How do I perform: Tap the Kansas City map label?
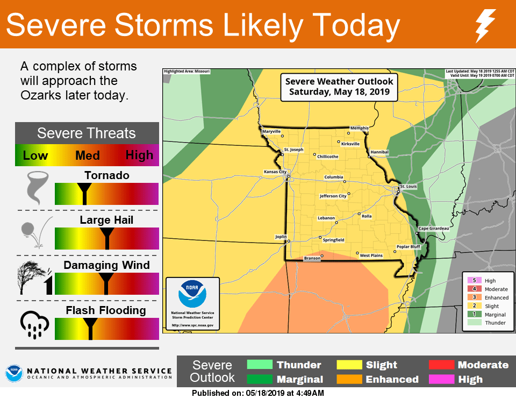click(275, 172)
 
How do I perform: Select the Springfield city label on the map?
click(333, 240)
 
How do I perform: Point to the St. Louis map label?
click(408, 187)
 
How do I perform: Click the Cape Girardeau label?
click(434, 229)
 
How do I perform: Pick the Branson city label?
click(312, 259)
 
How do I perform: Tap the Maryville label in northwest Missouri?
click(271, 131)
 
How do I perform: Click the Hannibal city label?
click(379, 152)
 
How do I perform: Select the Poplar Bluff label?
click(408, 247)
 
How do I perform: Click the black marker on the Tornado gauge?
click(84, 193)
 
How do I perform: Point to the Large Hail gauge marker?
click(107, 237)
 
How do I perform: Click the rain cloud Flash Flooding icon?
click(34, 324)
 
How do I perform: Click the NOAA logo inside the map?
click(192, 294)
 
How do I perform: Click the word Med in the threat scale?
click(87, 155)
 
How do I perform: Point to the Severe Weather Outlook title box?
click(339, 87)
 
